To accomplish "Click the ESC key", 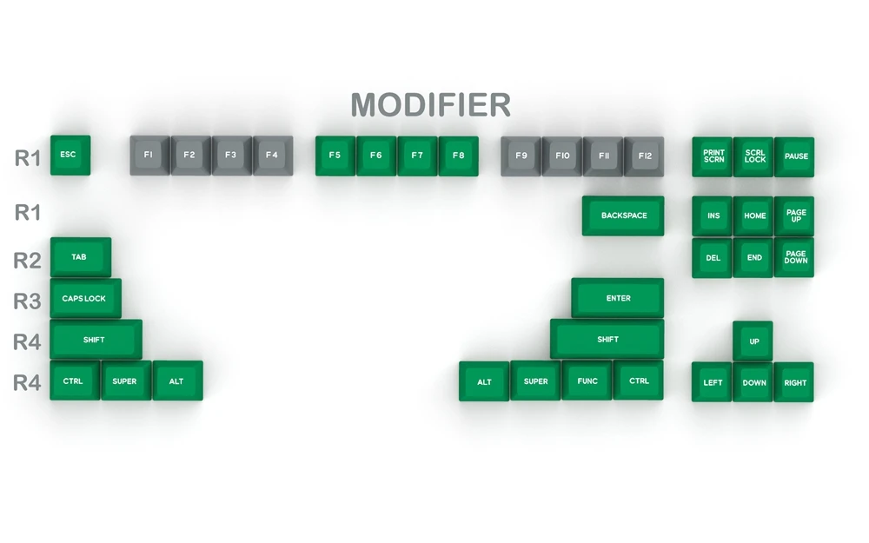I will pyautogui.click(x=70, y=155).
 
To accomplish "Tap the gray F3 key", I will pyautogui.click(x=231, y=156).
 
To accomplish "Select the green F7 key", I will pyautogui.click(x=417, y=156).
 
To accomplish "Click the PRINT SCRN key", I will pyautogui.click(x=713, y=156).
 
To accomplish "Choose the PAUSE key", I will pyautogui.click(x=795, y=156).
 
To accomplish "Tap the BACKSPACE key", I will pyautogui.click(x=623, y=215).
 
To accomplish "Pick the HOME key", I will pyautogui.click(x=754, y=215).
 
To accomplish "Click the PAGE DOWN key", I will pyautogui.click(x=795, y=257).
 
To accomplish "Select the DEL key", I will pyautogui.click(x=713, y=257).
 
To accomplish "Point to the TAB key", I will pyautogui.click(x=80, y=257).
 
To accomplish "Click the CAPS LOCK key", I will pyautogui.click(x=85, y=298).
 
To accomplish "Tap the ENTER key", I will pyautogui.click(x=618, y=298).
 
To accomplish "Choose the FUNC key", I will pyautogui.click(x=587, y=381).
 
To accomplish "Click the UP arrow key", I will pyautogui.click(x=753, y=341).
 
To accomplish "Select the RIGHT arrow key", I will pyautogui.click(x=794, y=381).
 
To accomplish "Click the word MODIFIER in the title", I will pyautogui.click(x=430, y=105).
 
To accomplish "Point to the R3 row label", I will pyautogui.click(x=27, y=301).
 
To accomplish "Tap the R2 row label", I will pyautogui.click(x=27, y=260).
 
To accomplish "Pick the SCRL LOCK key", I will pyautogui.click(x=754, y=156).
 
